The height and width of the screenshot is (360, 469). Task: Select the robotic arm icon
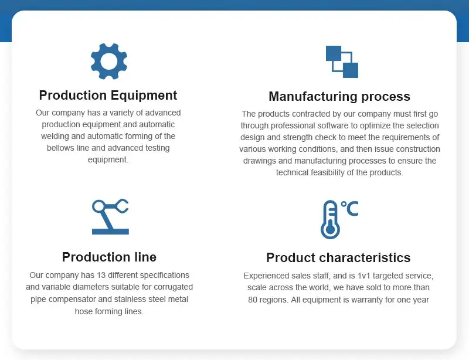click(110, 217)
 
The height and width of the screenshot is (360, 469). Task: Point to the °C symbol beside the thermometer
click(349, 208)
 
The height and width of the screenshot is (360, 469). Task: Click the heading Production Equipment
click(108, 96)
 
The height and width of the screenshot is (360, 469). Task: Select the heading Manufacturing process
click(339, 96)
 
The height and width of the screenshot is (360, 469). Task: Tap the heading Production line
click(109, 257)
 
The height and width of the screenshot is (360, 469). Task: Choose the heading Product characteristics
click(338, 257)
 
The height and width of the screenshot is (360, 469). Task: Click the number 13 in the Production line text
click(101, 275)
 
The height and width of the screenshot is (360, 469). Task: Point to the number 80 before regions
click(253, 300)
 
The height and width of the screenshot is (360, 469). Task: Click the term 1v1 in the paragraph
click(364, 276)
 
